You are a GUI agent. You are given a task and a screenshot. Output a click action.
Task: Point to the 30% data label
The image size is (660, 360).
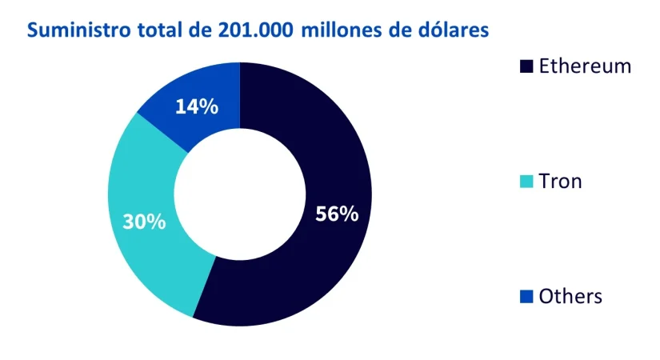pos(145,222)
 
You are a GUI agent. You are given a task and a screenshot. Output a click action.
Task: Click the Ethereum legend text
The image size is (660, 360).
pos(585,66)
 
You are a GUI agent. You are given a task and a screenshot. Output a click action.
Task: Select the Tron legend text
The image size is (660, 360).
pos(560,182)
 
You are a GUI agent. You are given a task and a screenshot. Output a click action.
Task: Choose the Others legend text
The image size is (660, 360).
pos(570,297)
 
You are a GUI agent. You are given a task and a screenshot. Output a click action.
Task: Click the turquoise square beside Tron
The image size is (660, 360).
pos(526,182)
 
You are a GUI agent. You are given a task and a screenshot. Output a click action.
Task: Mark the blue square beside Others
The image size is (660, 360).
pos(526,298)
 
